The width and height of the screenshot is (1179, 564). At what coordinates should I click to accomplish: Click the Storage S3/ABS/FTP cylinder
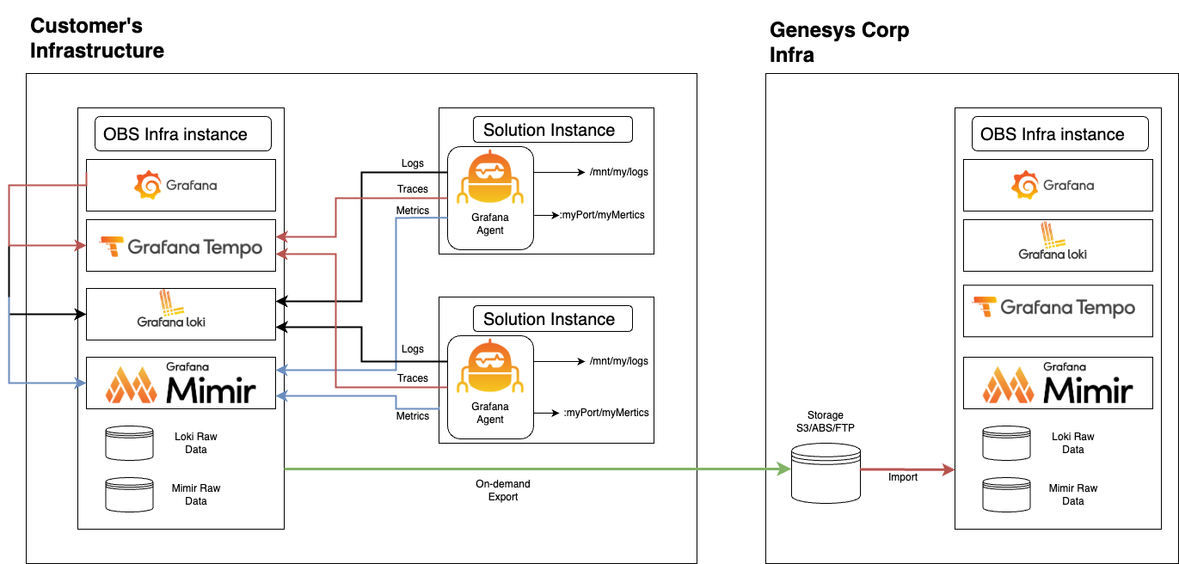[x=826, y=473]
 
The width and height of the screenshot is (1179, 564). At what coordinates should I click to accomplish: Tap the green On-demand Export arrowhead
[x=783, y=469]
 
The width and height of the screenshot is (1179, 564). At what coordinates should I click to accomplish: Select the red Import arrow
[x=907, y=469]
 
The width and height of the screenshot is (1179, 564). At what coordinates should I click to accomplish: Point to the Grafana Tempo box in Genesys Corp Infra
[x=1058, y=310]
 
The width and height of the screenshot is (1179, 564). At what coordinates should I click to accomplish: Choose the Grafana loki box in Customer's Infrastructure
[x=181, y=314]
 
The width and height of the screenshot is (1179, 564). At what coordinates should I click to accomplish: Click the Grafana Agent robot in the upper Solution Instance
[x=490, y=178]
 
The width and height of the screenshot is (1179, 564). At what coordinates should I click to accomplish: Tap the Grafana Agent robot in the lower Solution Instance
[x=490, y=367]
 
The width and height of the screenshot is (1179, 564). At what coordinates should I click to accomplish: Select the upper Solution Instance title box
[x=553, y=130]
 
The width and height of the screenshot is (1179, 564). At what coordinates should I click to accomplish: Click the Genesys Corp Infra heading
[x=839, y=42]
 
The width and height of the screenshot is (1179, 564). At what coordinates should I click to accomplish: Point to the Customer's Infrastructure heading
[x=97, y=38]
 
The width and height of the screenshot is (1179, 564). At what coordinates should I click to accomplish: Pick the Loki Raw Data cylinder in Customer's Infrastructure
[x=130, y=443]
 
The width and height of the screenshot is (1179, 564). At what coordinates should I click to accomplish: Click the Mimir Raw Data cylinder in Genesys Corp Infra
[x=1006, y=494]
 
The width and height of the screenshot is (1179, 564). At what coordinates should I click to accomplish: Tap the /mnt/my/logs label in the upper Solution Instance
[x=619, y=172]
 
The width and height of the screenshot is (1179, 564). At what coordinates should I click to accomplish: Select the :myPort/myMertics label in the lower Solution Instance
[x=605, y=413]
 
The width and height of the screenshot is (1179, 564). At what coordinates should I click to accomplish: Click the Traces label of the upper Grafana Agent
[x=413, y=189]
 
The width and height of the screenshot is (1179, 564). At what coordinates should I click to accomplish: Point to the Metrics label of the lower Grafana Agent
[x=413, y=416]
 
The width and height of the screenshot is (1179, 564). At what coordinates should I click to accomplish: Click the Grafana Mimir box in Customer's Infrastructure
[x=181, y=383]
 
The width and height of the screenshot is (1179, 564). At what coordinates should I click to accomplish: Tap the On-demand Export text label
[x=503, y=490]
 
